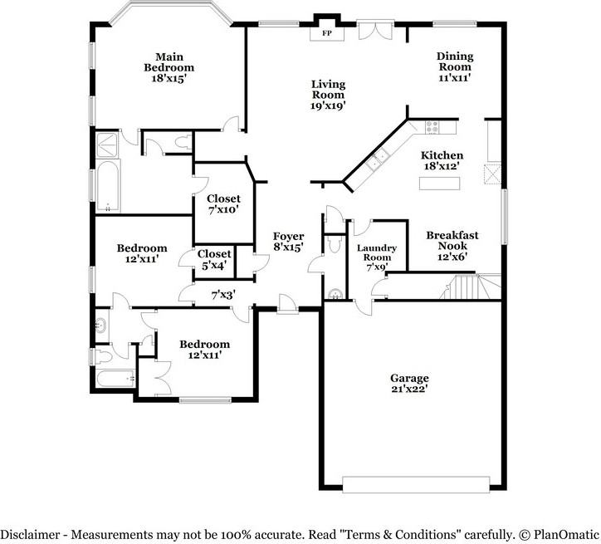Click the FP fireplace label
click(x=326, y=33)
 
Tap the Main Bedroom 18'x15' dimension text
click(x=169, y=78)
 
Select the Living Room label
click(x=328, y=90)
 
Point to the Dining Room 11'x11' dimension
click(x=455, y=77)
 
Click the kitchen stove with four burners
click(x=432, y=127)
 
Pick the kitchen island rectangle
click(x=439, y=184)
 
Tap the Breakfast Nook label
click(x=452, y=240)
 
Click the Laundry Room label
click(x=377, y=252)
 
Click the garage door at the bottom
click(x=416, y=484)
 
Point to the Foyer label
click(x=288, y=236)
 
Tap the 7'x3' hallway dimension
click(x=223, y=295)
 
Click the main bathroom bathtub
click(x=107, y=186)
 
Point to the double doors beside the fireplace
click(x=375, y=30)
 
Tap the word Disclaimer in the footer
click(x=30, y=534)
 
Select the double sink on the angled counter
click(x=377, y=159)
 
